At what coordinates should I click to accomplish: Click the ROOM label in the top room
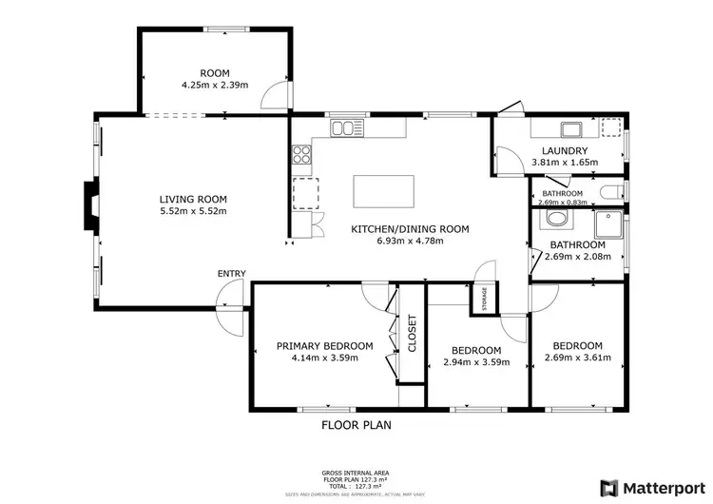pos(214,72)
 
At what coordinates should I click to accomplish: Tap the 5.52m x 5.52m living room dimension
pos(193,211)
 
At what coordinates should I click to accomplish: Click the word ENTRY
pos(232,274)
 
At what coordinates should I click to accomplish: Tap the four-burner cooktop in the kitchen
pos(301,153)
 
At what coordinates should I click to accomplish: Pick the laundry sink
pos(570,130)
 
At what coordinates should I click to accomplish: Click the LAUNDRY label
pos(565,151)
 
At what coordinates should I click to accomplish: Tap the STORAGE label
pos(484,297)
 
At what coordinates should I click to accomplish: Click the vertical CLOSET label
pos(412,334)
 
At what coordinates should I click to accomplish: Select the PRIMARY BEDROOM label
pos(324,346)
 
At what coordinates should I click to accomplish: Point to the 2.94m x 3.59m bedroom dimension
pos(477,361)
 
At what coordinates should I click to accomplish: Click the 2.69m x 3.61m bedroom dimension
pos(578,358)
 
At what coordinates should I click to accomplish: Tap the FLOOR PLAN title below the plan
pos(356,425)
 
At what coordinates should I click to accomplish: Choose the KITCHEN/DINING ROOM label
pos(397,228)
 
